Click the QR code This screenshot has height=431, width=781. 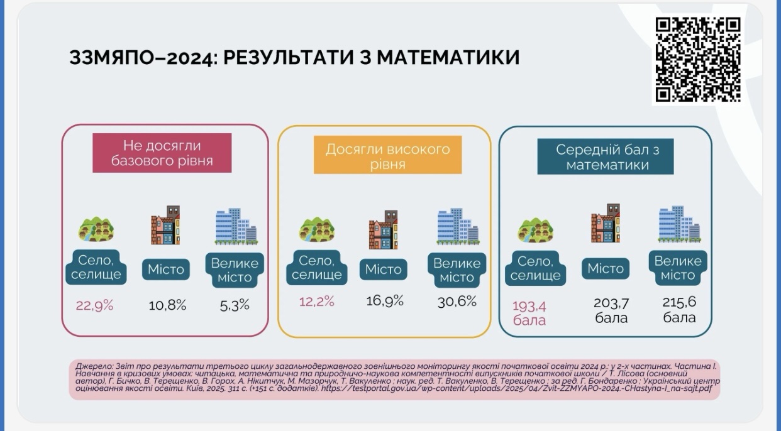698,60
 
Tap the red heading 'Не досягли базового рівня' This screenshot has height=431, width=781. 162,153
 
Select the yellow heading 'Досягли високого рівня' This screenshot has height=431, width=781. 387,156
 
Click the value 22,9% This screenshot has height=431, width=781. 94,306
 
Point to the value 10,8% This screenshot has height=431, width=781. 167,306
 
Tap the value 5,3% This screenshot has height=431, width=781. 235,305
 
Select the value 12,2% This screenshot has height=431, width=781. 316,302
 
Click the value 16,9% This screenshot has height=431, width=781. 384,302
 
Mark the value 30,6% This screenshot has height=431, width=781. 457,302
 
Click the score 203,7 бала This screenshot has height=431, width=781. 611,310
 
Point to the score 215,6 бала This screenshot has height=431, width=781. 679,310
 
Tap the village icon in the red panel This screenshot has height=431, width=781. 96,229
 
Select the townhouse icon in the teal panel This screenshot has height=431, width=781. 606,223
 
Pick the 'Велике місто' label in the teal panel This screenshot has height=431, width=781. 678,268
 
